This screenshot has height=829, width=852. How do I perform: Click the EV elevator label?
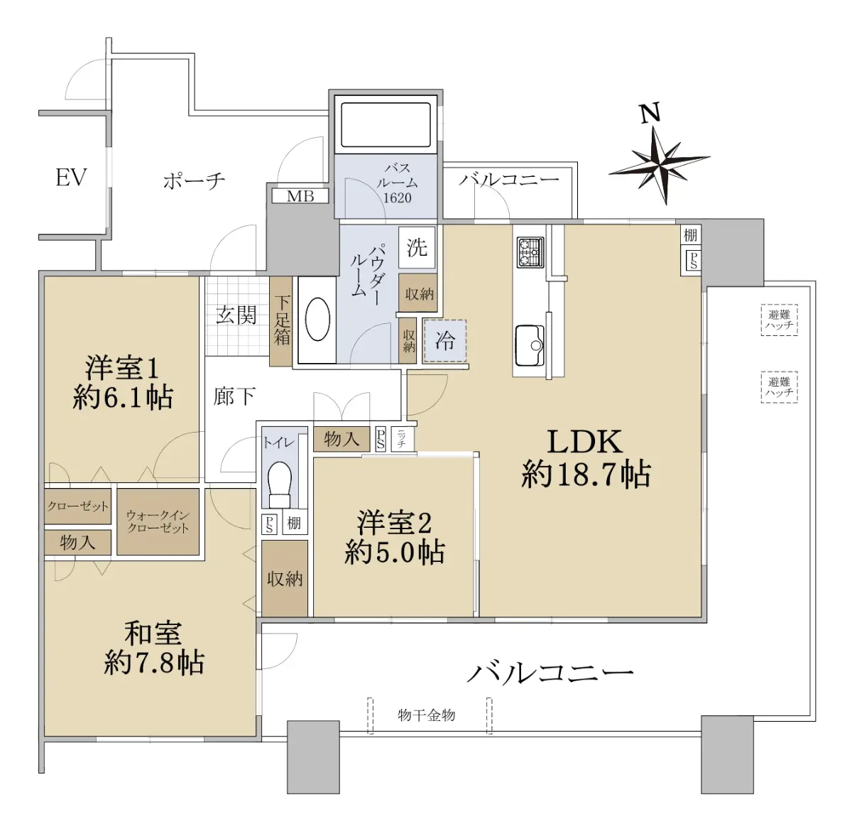[x=71, y=178]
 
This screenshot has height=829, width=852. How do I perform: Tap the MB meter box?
[x=300, y=196]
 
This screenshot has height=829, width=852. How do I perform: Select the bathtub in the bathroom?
[x=386, y=125]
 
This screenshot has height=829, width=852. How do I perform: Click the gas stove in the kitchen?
[x=530, y=252]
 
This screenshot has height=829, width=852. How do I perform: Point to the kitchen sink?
[x=530, y=345]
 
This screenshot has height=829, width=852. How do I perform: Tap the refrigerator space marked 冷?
[x=444, y=341]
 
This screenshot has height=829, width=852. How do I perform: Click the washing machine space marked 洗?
[x=417, y=247]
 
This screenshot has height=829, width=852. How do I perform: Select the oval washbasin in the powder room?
[x=317, y=319]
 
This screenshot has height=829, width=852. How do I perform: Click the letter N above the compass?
[x=650, y=114]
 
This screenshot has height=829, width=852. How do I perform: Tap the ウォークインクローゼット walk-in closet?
[x=158, y=522]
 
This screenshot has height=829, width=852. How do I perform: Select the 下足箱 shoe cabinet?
[x=280, y=321]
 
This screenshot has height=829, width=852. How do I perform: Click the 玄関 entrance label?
[x=236, y=315]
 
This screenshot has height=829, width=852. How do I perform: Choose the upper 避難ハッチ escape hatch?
[x=779, y=320]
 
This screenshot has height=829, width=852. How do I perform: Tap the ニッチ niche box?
[x=401, y=438]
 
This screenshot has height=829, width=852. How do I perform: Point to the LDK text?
[x=584, y=442]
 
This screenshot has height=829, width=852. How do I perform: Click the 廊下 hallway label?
[x=234, y=396]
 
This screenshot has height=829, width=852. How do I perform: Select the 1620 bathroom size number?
[x=397, y=198]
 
